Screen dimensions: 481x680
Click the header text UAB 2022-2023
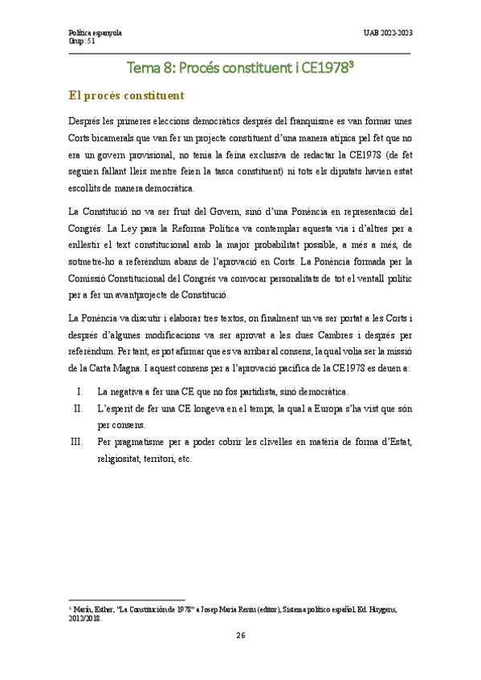pyautogui.click(x=389, y=32)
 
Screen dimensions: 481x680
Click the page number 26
pyautogui.click(x=240, y=635)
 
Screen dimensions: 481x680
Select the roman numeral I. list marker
pyautogui.click(x=79, y=392)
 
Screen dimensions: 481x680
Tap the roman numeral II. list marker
pyautogui.click(x=78, y=408)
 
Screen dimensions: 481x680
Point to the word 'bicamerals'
pyautogui.click(x=113, y=137)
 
